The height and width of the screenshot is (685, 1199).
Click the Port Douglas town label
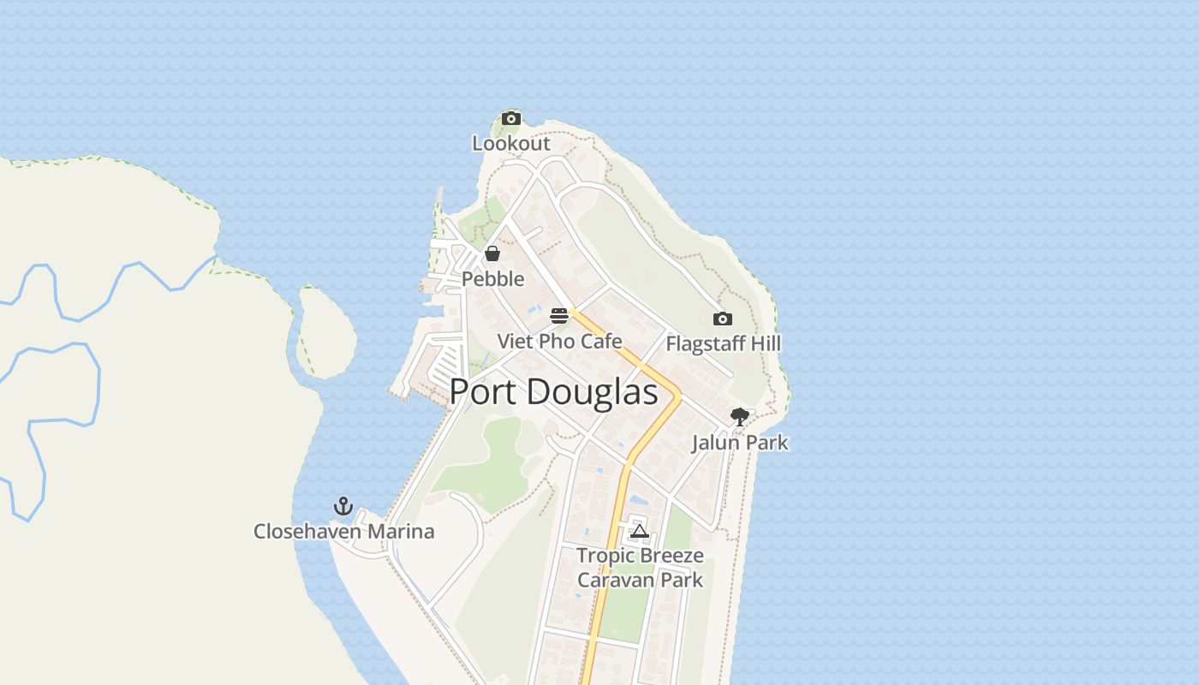(x=553, y=392)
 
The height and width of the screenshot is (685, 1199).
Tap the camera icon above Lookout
(x=511, y=118)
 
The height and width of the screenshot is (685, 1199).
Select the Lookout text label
(x=511, y=143)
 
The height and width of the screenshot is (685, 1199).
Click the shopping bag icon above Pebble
(x=492, y=253)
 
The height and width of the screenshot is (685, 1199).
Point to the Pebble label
(x=492, y=279)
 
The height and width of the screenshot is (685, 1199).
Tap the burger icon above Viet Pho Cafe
(x=559, y=316)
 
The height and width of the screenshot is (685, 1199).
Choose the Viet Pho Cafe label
(x=559, y=341)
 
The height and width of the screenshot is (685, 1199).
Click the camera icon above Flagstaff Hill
(x=723, y=319)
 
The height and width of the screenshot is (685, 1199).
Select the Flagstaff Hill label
(x=724, y=344)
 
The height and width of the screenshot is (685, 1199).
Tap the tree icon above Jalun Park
(x=739, y=417)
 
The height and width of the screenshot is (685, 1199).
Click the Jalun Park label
(x=740, y=443)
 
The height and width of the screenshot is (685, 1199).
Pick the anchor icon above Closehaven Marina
(x=343, y=506)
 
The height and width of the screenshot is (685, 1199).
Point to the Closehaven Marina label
(x=343, y=532)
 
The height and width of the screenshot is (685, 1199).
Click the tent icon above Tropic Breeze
(x=639, y=531)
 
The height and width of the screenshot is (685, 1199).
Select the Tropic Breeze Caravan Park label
(x=640, y=568)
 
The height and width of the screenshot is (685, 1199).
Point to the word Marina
(x=401, y=532)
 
